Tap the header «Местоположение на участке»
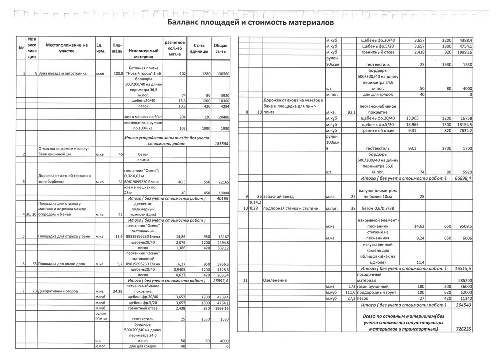[x=67, y=48]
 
